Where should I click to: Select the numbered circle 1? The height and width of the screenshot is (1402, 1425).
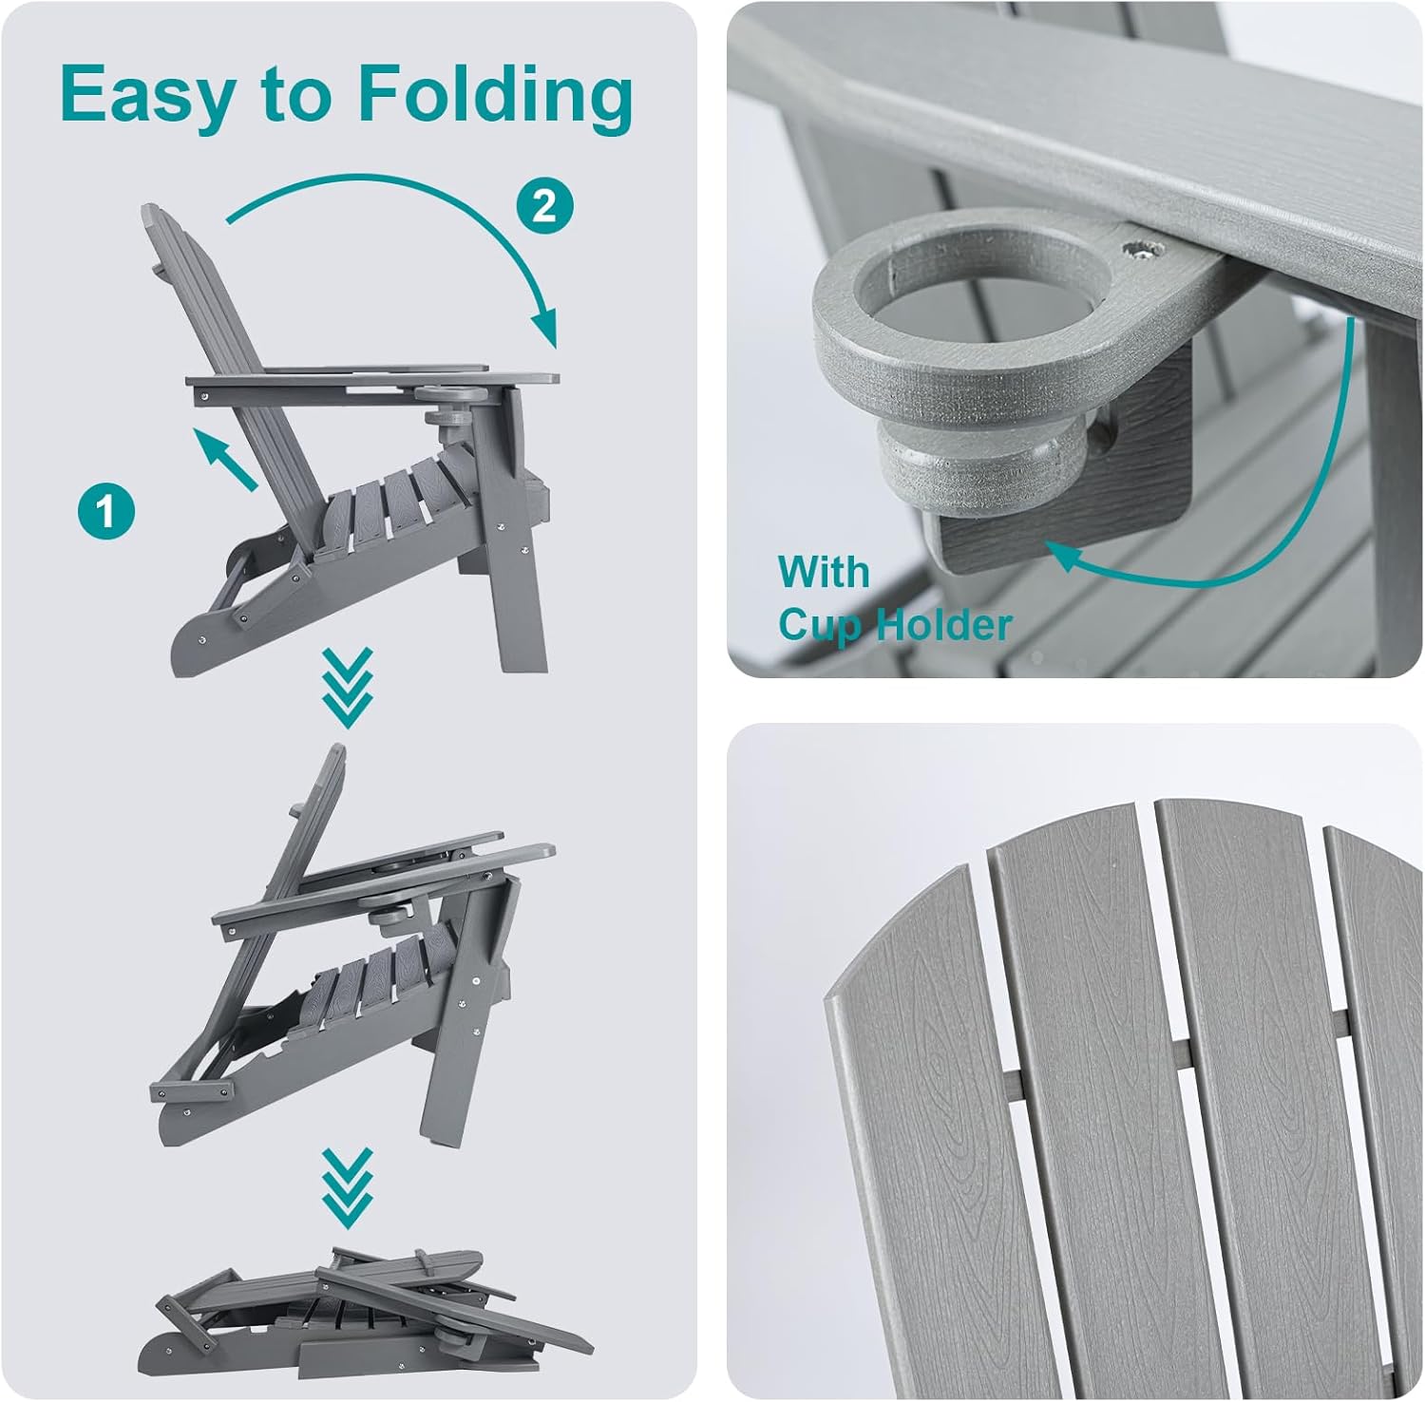[105, 510]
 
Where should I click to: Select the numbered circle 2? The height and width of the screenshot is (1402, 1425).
[545, 204]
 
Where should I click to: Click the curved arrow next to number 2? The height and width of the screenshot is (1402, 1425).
[427, 209]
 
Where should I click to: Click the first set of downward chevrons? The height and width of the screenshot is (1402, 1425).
[347, 688]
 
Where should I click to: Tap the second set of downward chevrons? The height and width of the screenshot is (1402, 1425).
[347, 1186]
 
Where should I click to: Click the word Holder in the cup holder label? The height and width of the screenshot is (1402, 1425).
[942, 625]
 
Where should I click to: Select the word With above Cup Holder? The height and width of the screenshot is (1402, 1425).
[823, 573]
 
